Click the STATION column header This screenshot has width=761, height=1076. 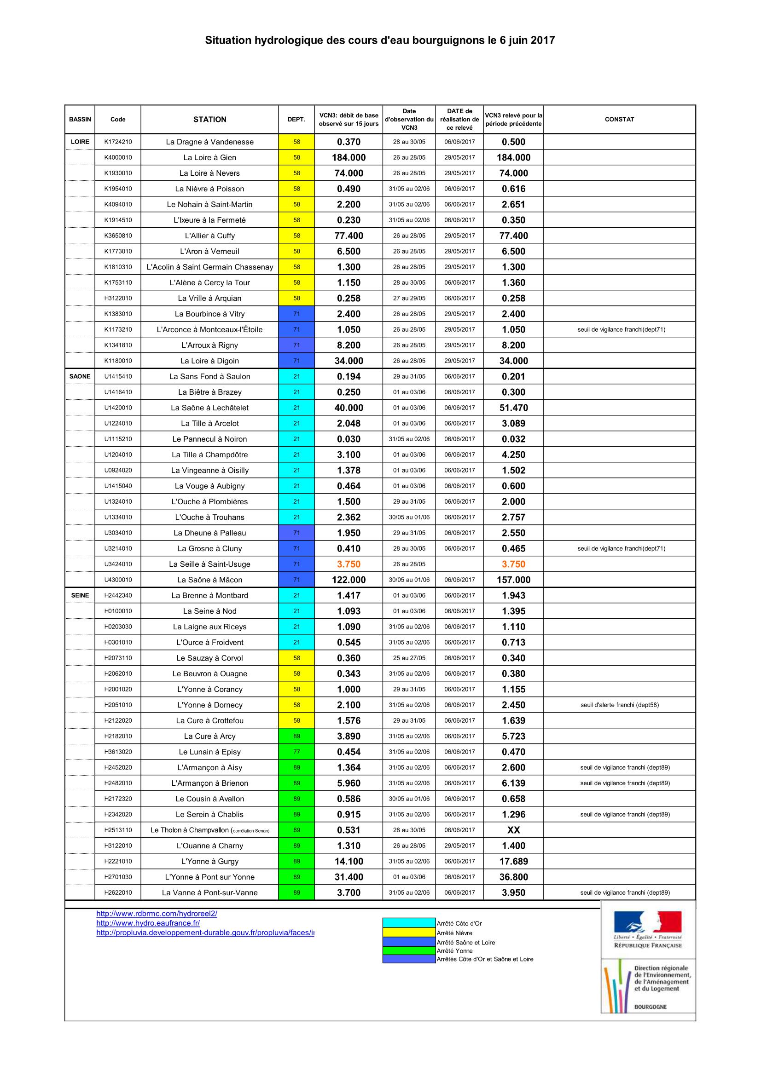tap(209, 120)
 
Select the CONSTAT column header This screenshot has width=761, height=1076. tap(619, 120)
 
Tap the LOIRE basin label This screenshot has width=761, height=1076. tap(80, 142)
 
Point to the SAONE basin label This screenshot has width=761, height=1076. tap(80, 376)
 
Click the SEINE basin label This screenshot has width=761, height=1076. tap(80, 595)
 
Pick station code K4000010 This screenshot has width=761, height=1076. tap(118, 157)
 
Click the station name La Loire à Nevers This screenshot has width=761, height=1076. tap(209, 173)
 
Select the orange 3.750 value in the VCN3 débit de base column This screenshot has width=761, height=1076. tap(349, 564)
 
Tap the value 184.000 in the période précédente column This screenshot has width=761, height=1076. tap(513, 157)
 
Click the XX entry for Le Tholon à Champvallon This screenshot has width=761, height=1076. tap(513, 830)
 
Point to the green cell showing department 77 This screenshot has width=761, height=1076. tap(296, 752)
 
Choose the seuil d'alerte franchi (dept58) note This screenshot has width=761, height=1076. tap(619, 705)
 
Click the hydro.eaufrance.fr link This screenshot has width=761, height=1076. tap(148, 923)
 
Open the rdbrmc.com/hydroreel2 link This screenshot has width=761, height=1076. tap(157, 914)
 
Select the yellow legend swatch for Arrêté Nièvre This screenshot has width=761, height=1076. tap(409, 933)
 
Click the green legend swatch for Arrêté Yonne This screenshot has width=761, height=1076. tap(409, 951)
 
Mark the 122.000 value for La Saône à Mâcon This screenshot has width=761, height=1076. tap(349, 580)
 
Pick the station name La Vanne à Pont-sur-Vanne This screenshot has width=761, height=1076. tap(209, 893)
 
